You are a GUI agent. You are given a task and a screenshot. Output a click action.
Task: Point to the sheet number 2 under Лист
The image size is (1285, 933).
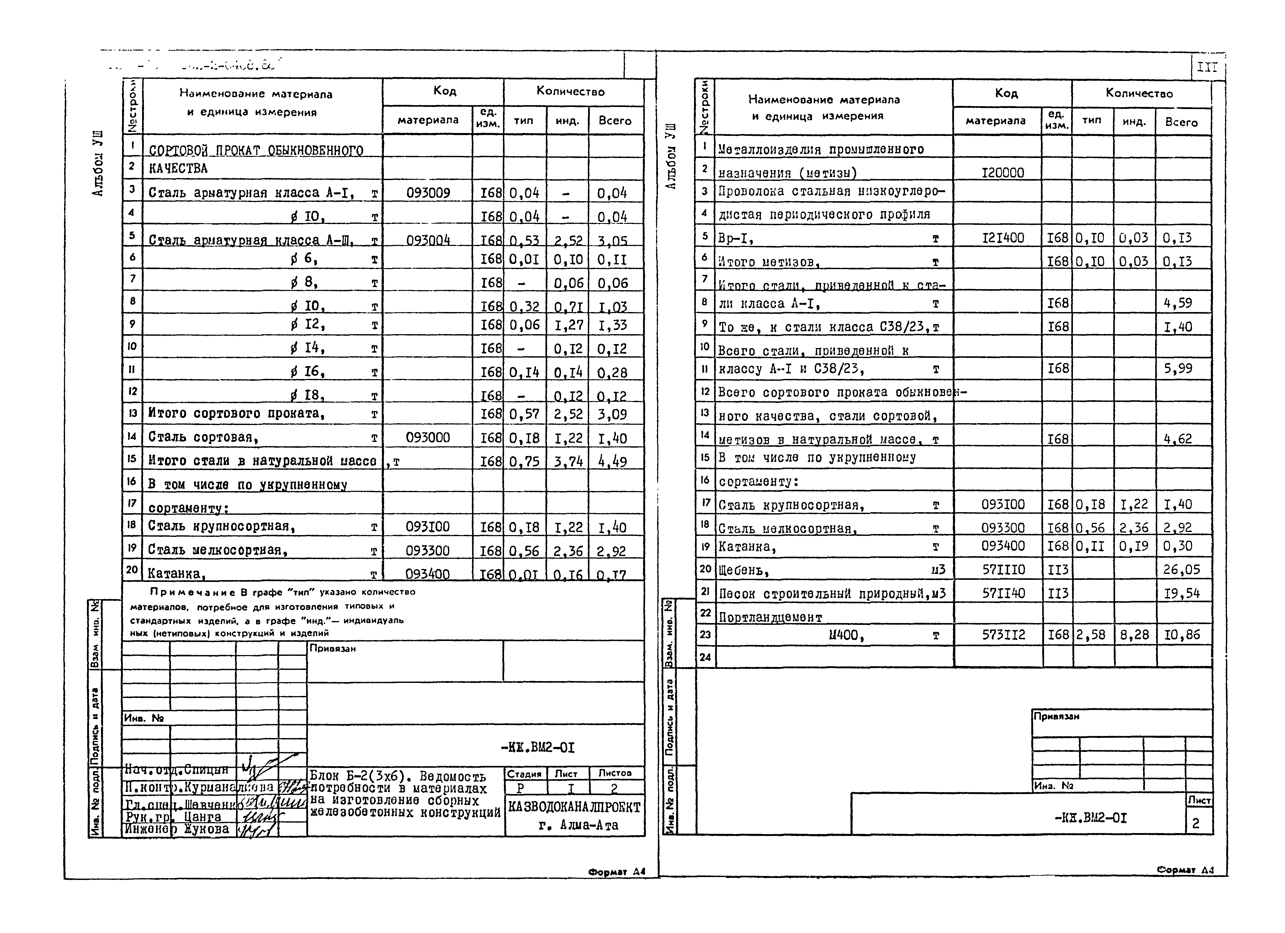click(1195, 824)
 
